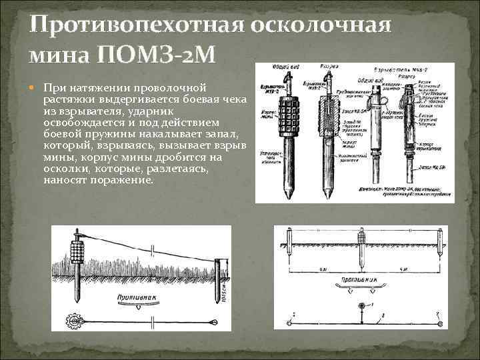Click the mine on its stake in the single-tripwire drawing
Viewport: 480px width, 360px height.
point(77,257)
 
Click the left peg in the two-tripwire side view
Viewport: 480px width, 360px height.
point(289,240)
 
